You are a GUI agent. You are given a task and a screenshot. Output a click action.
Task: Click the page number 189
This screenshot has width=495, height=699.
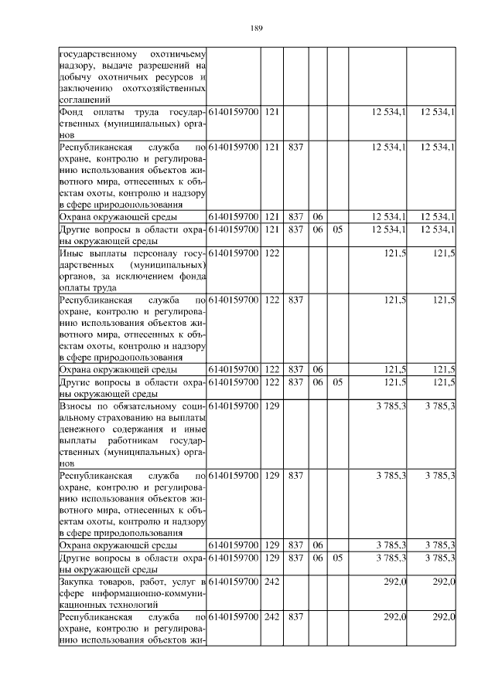(258, 29)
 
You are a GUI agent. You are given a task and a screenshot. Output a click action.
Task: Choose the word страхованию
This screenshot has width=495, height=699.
(87, 417)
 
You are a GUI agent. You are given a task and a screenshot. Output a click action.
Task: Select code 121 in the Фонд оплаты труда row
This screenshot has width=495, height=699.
(271, 112)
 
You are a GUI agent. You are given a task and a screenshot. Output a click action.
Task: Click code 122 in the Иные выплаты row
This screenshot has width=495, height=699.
(271, 253)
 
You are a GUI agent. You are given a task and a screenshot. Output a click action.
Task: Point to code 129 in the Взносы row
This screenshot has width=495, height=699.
(271, 405)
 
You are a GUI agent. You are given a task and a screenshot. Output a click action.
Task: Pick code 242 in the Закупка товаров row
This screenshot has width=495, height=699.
(271, 580)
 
